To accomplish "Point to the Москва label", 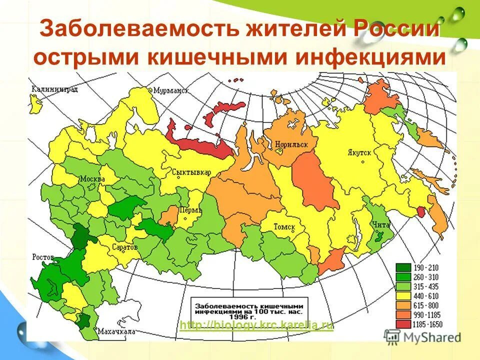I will [92, 179].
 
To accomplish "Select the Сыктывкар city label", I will [191, 172].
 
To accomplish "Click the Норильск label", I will [291, 145].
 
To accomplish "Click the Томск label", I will [284, 227].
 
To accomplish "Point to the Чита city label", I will [379, 224].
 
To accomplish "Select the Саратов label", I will [124, 247].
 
